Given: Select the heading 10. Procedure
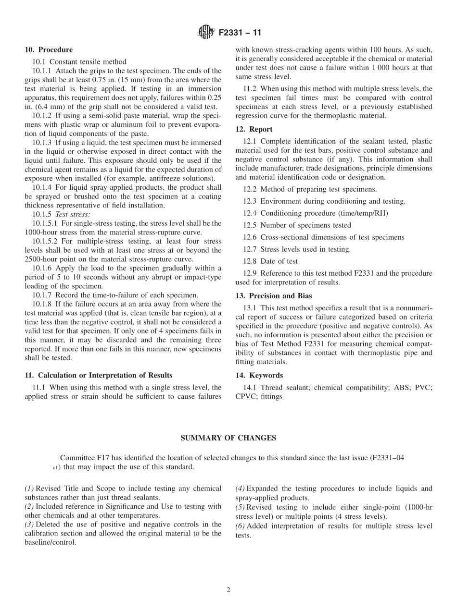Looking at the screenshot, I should pyautogui.click(x=49, y=49).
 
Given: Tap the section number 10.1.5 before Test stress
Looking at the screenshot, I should pyautogui.click(x=42, y=214).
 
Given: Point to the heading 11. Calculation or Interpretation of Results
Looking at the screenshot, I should pyautogui.click(x=98, y=375).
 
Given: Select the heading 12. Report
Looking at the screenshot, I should pyautogui.click(x=254, y=129).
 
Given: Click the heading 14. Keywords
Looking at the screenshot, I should pyautogui.click(x=259, y=375).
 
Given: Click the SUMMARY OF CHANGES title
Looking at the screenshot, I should pyautogui.click(x=228, y=438).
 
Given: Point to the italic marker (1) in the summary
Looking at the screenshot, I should pyautogui.click(x=29, y=489).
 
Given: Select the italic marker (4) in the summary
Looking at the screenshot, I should pyautogui.click(x=240, y=489).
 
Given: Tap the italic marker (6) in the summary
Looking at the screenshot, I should pyautogui.click(x=240, y=526).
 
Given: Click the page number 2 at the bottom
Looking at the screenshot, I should pyautogui.click(x=228, y=590).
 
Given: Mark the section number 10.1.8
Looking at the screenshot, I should pyautogui.click(x=42, y=304).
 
